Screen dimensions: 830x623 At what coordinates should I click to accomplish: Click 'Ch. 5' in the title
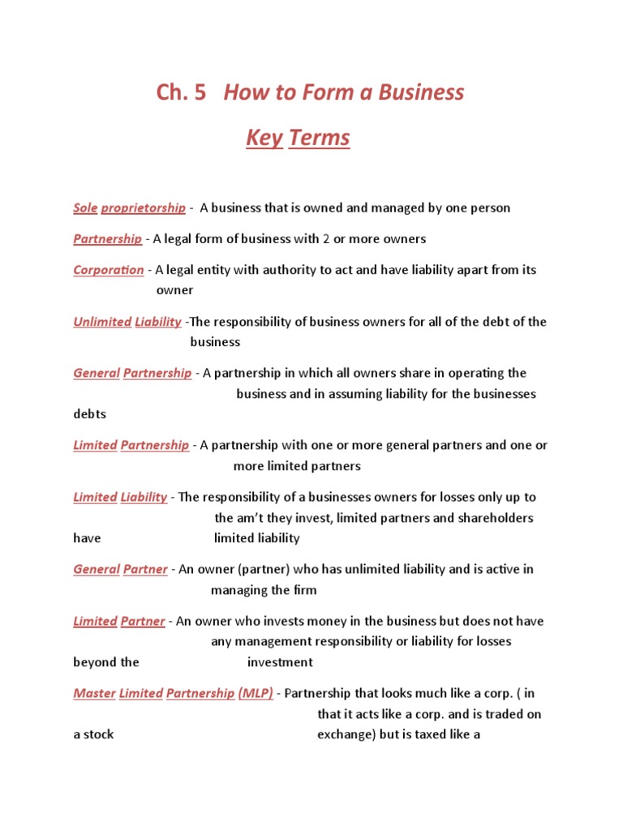click(x=181, y=92)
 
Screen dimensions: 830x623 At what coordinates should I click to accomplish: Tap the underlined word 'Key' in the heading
click(x=264, y=138)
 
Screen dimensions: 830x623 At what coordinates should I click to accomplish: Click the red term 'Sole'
click(x=85, y=207)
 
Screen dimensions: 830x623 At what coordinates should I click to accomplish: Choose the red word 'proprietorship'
click(x=143, y=207)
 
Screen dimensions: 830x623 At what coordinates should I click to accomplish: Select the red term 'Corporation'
click(x=109, y=270)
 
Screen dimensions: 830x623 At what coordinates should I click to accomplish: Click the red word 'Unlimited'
click(x=102, y=322)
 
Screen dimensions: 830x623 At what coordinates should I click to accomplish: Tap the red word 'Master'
click(x=94, y=694)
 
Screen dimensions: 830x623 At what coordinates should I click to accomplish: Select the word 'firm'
click(x=304, y=590)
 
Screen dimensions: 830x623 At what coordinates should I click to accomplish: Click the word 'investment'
click(x=280, y=662)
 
